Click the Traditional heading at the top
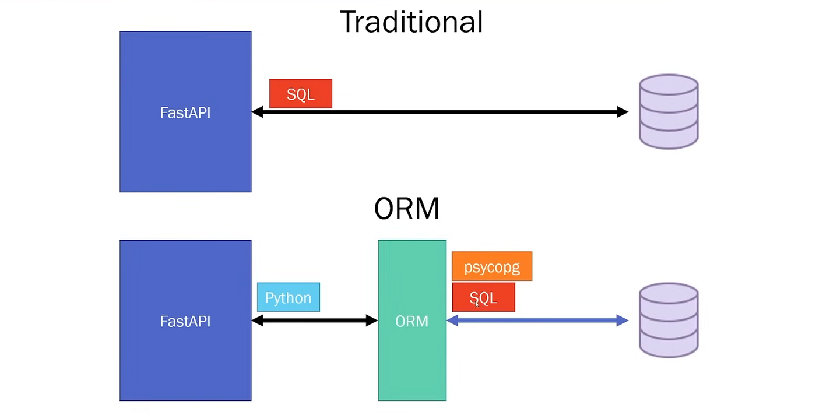point(411,22)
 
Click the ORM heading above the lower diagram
point(406,209)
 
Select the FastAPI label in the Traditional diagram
point(185,112)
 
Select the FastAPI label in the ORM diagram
point(185,321)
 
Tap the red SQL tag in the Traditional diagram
point(301,94)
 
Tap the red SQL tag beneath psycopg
point(483,297)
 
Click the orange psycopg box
point(491,266)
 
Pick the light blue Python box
point(288,297)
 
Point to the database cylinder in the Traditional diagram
point(668,111)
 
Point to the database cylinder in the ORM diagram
point(668,320)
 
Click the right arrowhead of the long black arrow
point(622,112)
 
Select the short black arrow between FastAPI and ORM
point(314,320)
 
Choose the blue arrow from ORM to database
point(537,320)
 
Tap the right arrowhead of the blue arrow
point(622,320)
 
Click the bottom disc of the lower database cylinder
point(668,344)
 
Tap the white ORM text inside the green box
point(411,321)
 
